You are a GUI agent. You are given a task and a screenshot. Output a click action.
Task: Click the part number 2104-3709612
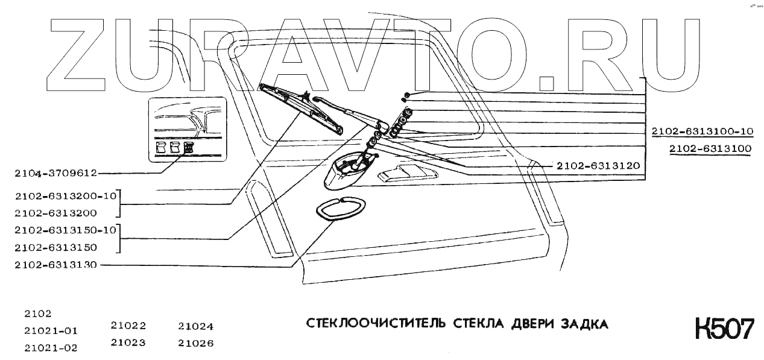click(x=56, y=173)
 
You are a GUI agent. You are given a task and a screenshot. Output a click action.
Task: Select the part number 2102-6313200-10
click(x=65, y=195)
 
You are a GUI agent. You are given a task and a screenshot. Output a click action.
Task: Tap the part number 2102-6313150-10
click(x=65, y=230)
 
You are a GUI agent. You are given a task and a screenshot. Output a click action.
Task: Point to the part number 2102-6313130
click(x=56, y=265)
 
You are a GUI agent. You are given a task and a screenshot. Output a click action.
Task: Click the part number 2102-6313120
click(x=598, y=165)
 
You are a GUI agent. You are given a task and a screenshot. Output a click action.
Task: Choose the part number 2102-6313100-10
click(x=702, y=131)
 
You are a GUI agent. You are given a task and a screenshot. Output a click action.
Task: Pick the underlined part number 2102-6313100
click(x=710, y=148)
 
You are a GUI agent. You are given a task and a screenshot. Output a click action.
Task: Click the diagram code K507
click(x=724, y=329)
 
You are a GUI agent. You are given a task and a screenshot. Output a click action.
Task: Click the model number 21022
click(x=128, y=326)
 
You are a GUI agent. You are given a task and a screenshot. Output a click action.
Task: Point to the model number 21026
click(x=196, y=344)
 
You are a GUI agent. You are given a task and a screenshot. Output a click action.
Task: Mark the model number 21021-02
click(x=51, y=348)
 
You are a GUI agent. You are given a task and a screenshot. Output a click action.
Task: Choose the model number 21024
click(x=196, y=326)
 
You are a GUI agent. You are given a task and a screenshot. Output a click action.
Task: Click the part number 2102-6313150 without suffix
click(x=56, y=247)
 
